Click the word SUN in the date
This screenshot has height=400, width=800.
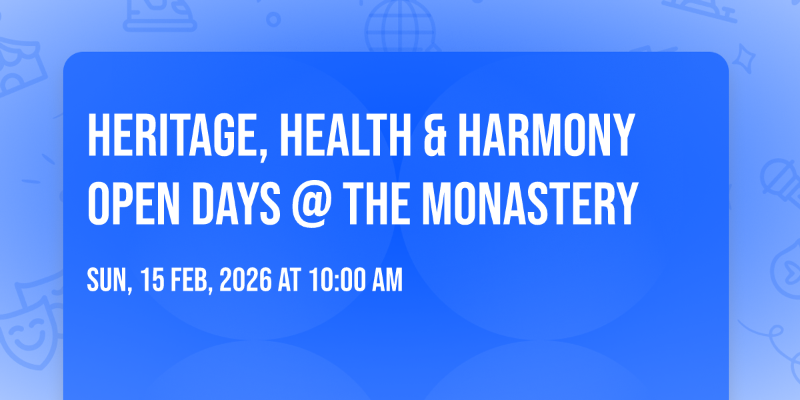[x=105, y=281]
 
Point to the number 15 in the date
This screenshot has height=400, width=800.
[x=151, y=281]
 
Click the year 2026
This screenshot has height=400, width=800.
[x=246, y=281]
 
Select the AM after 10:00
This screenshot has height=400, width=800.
[x=388, y=281]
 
